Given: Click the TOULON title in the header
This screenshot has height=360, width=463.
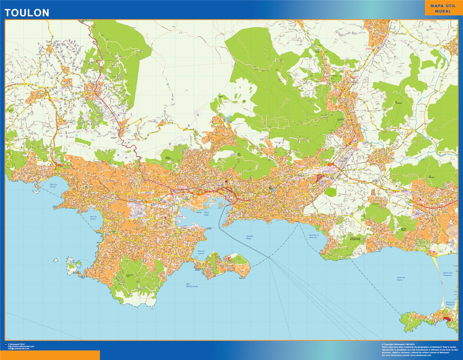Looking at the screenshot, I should (x=27, y=13).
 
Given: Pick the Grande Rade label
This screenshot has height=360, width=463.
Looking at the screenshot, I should (x=249, y=237).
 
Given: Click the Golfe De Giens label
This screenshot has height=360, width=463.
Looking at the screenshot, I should (x=401, y=279).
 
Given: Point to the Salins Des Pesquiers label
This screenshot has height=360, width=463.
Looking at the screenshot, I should (x=448, y=274).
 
